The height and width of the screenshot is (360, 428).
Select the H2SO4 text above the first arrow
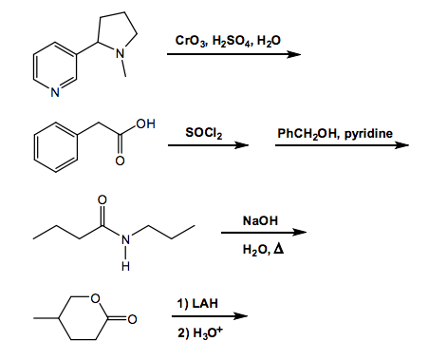(228, 39)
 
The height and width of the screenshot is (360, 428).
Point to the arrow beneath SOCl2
(215, 146)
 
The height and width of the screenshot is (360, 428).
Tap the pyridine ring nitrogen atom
(55, 93)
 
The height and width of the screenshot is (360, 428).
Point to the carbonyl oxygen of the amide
(102, 199)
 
